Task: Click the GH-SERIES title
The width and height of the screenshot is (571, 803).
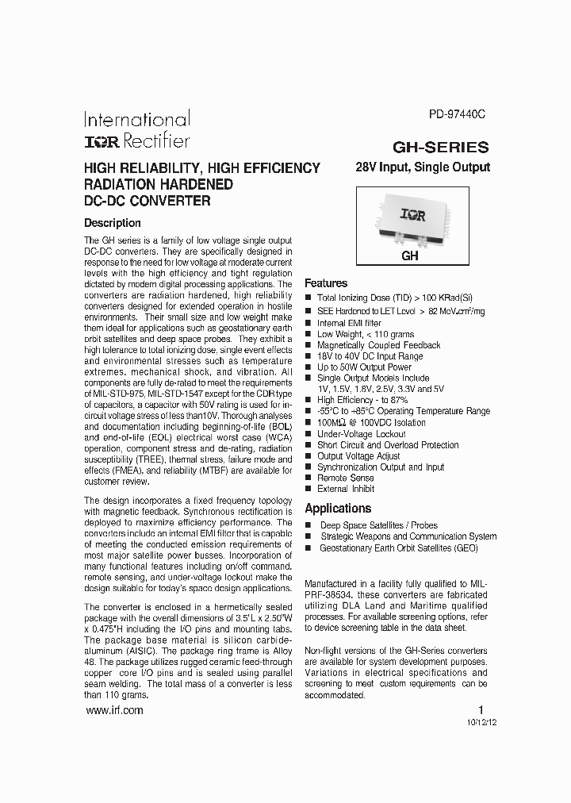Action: pyautogui.click(x=441, y=147)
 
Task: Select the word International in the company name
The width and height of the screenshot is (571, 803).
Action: pyautogui.click(x=137, y=120)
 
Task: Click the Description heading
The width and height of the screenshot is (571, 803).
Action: pyautogui.click(x=113, y=223)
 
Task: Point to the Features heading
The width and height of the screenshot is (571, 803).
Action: pyautogui.click(x=326, y=283)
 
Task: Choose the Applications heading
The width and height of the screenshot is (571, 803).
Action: pyautogui.click(x=338, y=509)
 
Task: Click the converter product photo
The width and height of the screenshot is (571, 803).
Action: pyautogui.click(x=410, y=217)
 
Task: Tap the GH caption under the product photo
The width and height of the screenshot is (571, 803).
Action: pyautogui.click(x=409, y=256)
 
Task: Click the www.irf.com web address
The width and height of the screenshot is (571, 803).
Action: pyautogui.click(x=113, y=711)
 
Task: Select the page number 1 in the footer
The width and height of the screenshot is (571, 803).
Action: pyautogui.click(x=480, y=710)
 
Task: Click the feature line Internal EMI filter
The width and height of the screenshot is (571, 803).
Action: pyautogui.click(x=349, y=324)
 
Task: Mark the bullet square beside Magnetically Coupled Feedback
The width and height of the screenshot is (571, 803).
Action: pyautogui.click(x=308, y=346)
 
